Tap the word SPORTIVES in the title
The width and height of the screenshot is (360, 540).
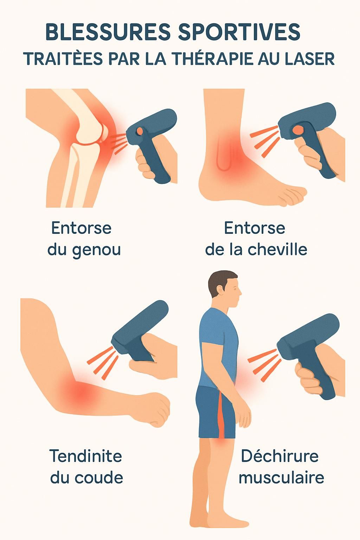click(239, 32)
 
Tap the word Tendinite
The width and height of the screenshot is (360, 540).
click(85, 456)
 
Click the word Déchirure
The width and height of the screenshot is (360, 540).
click(279, 456)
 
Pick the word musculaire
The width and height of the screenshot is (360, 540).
click(281, 477)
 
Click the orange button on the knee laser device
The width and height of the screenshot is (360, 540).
click(139, 131)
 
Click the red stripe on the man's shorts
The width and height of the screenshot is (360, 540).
click(221, 415)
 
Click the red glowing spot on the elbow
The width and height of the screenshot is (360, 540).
click(82, 392)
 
